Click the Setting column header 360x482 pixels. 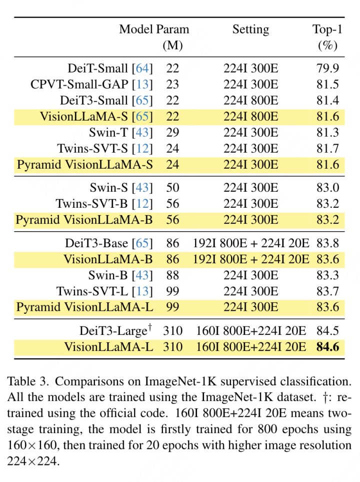coord(250,30)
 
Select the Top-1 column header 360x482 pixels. coord(327,30)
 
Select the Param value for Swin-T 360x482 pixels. coord(172,133)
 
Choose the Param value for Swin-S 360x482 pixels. coord(172,188)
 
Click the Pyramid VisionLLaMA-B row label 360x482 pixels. coord(84,220)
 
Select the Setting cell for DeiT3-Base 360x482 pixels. coord(250,244)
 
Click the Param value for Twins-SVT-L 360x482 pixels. coord(172,291)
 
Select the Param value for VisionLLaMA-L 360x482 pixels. coord(172,347)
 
